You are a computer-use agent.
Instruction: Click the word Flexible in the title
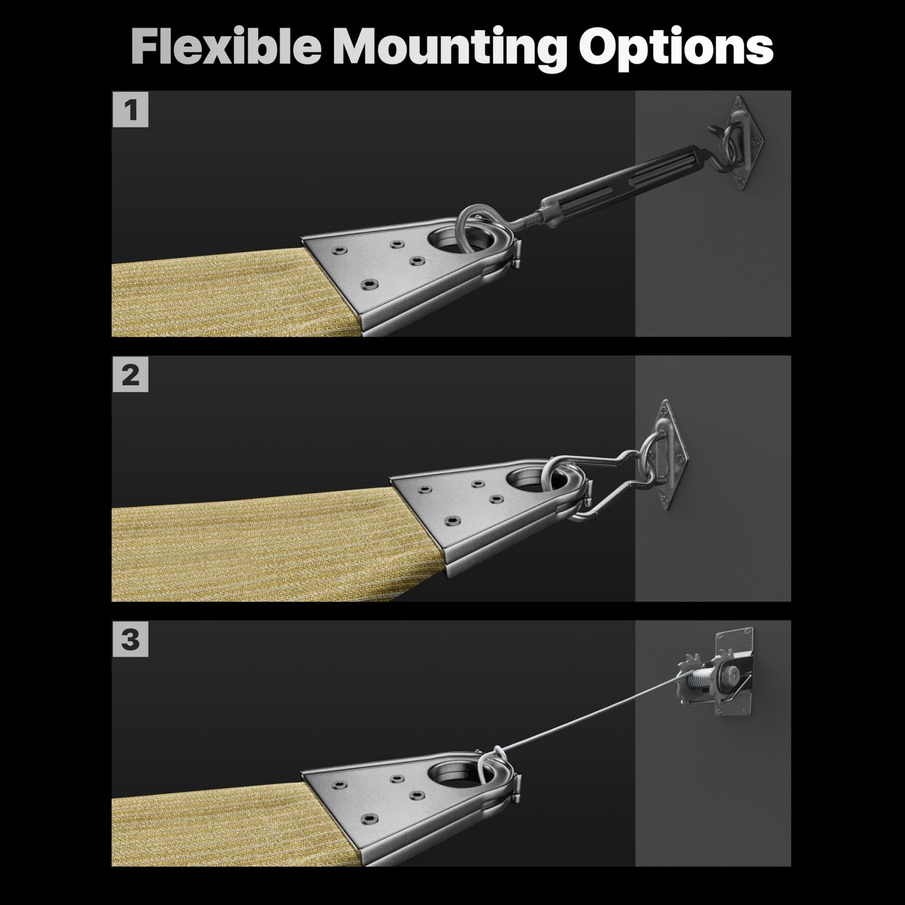click(226, 46)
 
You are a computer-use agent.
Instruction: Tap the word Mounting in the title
click(450, 49)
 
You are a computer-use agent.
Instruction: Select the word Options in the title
click(676, 49)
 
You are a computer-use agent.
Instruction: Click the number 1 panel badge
click(130, 110)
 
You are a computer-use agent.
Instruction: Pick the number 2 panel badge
click(130, 375)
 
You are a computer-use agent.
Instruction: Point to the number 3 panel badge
click(130, 639)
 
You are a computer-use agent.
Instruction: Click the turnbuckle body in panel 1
click(623, 184)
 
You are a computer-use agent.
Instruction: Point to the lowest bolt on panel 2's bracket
click(452, 520)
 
